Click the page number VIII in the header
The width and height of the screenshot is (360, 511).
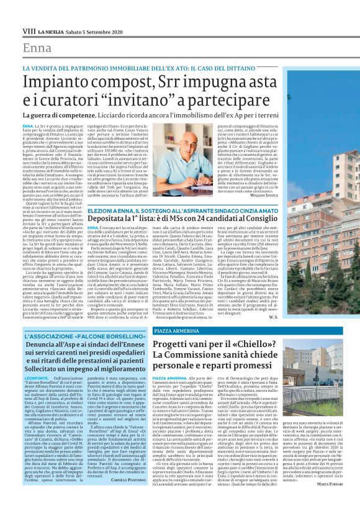click(29, 30)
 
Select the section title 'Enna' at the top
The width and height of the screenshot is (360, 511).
click(37, 48)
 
